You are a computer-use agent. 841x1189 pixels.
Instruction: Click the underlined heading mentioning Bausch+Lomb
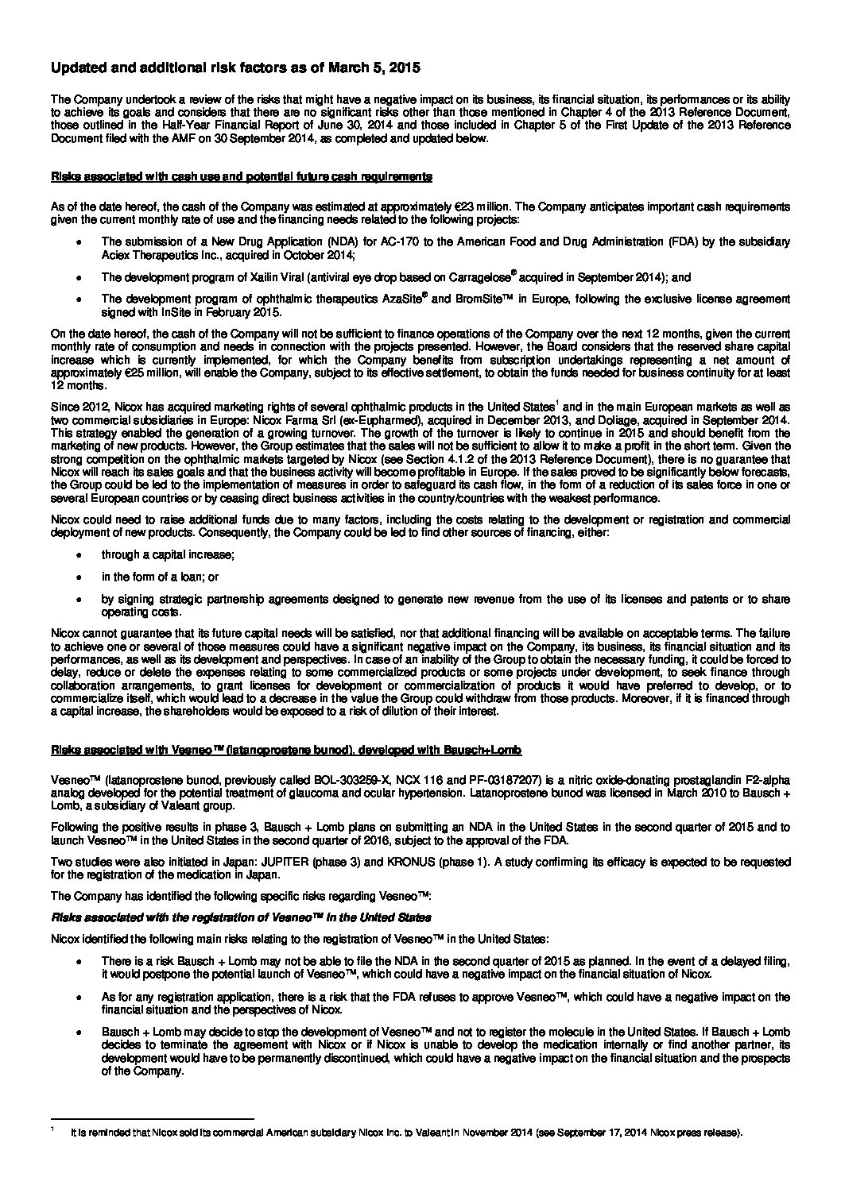[x=285, y=749]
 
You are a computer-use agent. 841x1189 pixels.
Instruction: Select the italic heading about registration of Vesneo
[x=241, y=917]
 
